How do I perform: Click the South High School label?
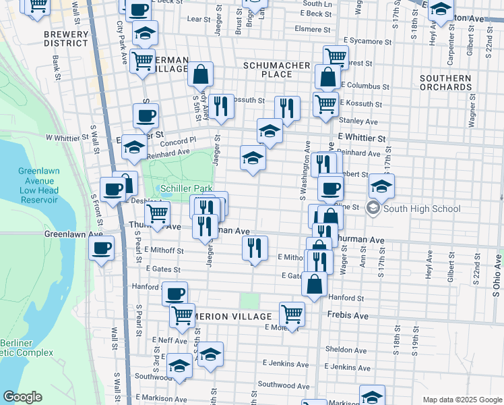tap(422, 209)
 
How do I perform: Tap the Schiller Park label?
tap(187, 188)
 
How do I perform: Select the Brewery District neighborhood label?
tap(65, 38)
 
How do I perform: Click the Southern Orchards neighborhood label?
tap(445, 82)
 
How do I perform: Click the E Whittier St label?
tap(361, 138)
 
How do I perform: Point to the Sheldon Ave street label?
tap(345, 350)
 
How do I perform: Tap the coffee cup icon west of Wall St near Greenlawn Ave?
tap(102, 248)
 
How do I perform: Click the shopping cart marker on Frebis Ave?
tap(292, 314)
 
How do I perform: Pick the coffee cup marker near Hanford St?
tap(175, 294)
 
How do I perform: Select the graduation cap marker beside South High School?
tap(381, 186)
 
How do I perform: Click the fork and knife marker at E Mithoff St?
tap(255, 248)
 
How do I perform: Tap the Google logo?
tap(22, 397)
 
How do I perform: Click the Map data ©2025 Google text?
tap(462, 400)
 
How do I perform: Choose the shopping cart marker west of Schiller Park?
tap(158, 214)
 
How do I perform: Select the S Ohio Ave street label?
tap(497, 277)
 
